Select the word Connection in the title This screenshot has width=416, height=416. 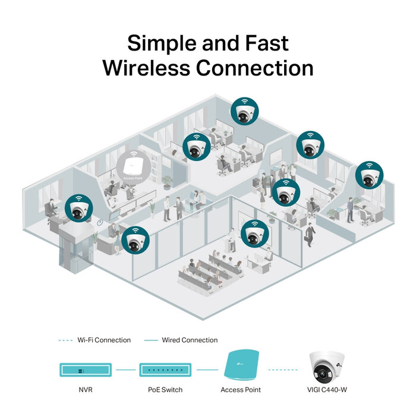click(255, 68)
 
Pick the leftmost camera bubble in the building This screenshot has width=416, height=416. click(79, 209)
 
